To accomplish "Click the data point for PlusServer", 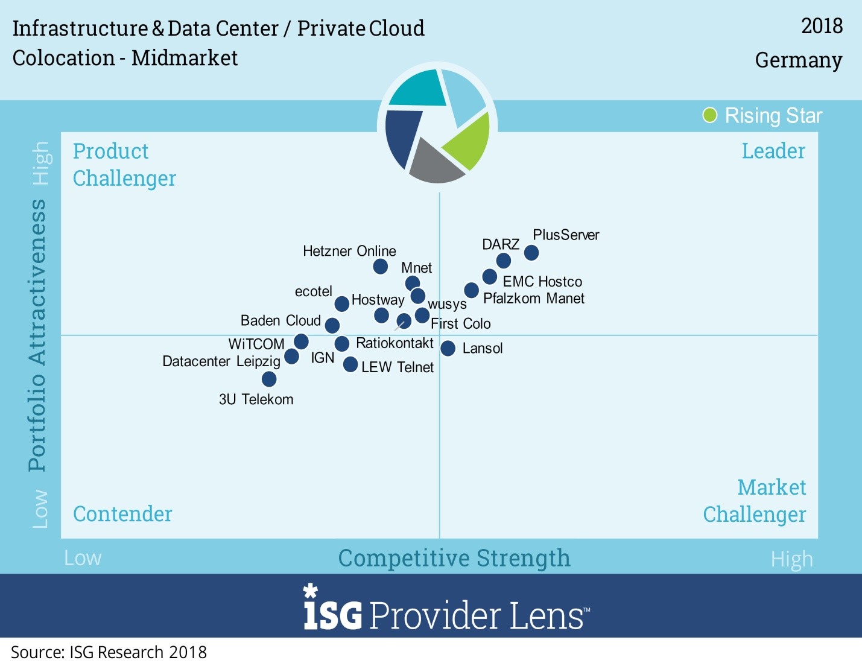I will pos(531,253).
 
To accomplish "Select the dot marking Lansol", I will pos(448,348).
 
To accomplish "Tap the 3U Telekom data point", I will pos(269,379).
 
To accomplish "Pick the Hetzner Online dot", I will pos(380,266).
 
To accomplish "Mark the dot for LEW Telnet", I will pos(350,364).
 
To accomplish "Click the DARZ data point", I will pos(504,261).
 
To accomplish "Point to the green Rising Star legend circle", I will pos(710,115).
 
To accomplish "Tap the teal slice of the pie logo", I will pos(417,89).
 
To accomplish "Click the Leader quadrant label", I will pos(773,151).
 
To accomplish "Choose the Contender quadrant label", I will pos(122,514).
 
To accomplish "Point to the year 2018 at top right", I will pos(822,26).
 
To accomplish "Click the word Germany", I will pos(798,60).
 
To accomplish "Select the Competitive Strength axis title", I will pos(454,558).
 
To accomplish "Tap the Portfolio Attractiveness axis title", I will pos(37,335).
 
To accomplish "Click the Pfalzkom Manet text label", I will pos(534,298).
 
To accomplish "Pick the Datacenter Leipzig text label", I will pos(221,361).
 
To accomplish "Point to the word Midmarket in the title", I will pos(185,58).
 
